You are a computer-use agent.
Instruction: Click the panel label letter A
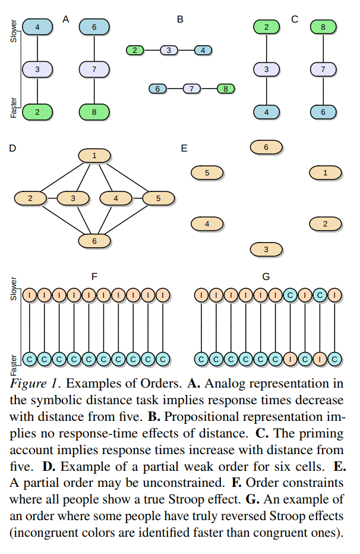[x=66, y=20]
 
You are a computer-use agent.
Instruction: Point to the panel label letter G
[x=266, y=276]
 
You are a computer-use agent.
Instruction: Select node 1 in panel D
[x=94, y=156]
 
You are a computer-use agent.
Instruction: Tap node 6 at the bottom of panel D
[x=94, y=241]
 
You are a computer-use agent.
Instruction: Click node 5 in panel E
[x=207, y=173]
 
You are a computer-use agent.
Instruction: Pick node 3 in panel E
[x=266, y=249]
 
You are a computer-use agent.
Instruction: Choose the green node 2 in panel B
[x=135, y=51]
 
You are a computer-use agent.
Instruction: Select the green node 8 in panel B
[x=226, y=89]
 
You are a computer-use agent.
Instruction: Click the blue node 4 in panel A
[x=37, y=27]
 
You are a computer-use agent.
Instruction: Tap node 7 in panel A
[x=94, y=70]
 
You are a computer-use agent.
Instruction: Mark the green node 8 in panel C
[x=323, y=27]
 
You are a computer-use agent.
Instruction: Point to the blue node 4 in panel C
[x=266, y=112]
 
